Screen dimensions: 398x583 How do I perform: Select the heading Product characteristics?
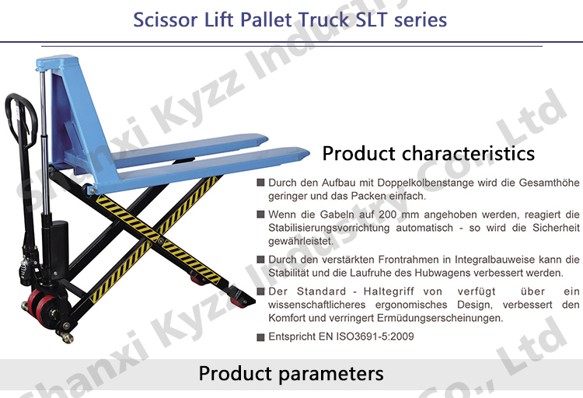click(428, 152)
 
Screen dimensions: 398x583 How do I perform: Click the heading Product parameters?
click(291, 374)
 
